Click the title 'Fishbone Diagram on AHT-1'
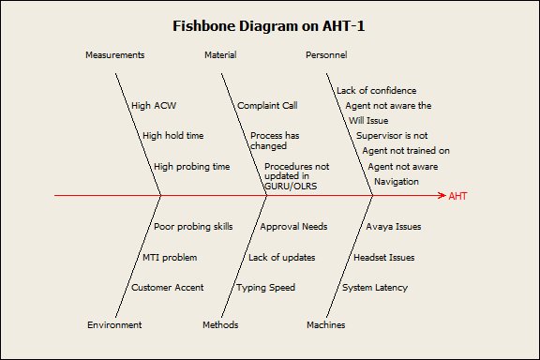click(269, 25)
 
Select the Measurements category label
click(114, 55)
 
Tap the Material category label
click(220, 55)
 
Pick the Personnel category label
click(326, 55)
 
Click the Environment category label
click(114, 325)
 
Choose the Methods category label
click(220, 325)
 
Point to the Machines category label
click(326, 325)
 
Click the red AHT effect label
click(457, 196)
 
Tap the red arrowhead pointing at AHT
click(441, 196)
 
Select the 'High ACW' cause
click(153, 106)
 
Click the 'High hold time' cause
click(172, 136)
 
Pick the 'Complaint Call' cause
click(267, 106)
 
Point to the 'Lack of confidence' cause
click(376, 91)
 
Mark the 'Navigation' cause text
click(397, 181)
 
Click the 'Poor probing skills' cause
click(193, 227)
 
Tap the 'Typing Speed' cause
click(265, 287)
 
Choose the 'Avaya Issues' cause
click(393, 227)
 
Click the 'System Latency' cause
click(374, 287)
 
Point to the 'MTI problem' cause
click(170, 257)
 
